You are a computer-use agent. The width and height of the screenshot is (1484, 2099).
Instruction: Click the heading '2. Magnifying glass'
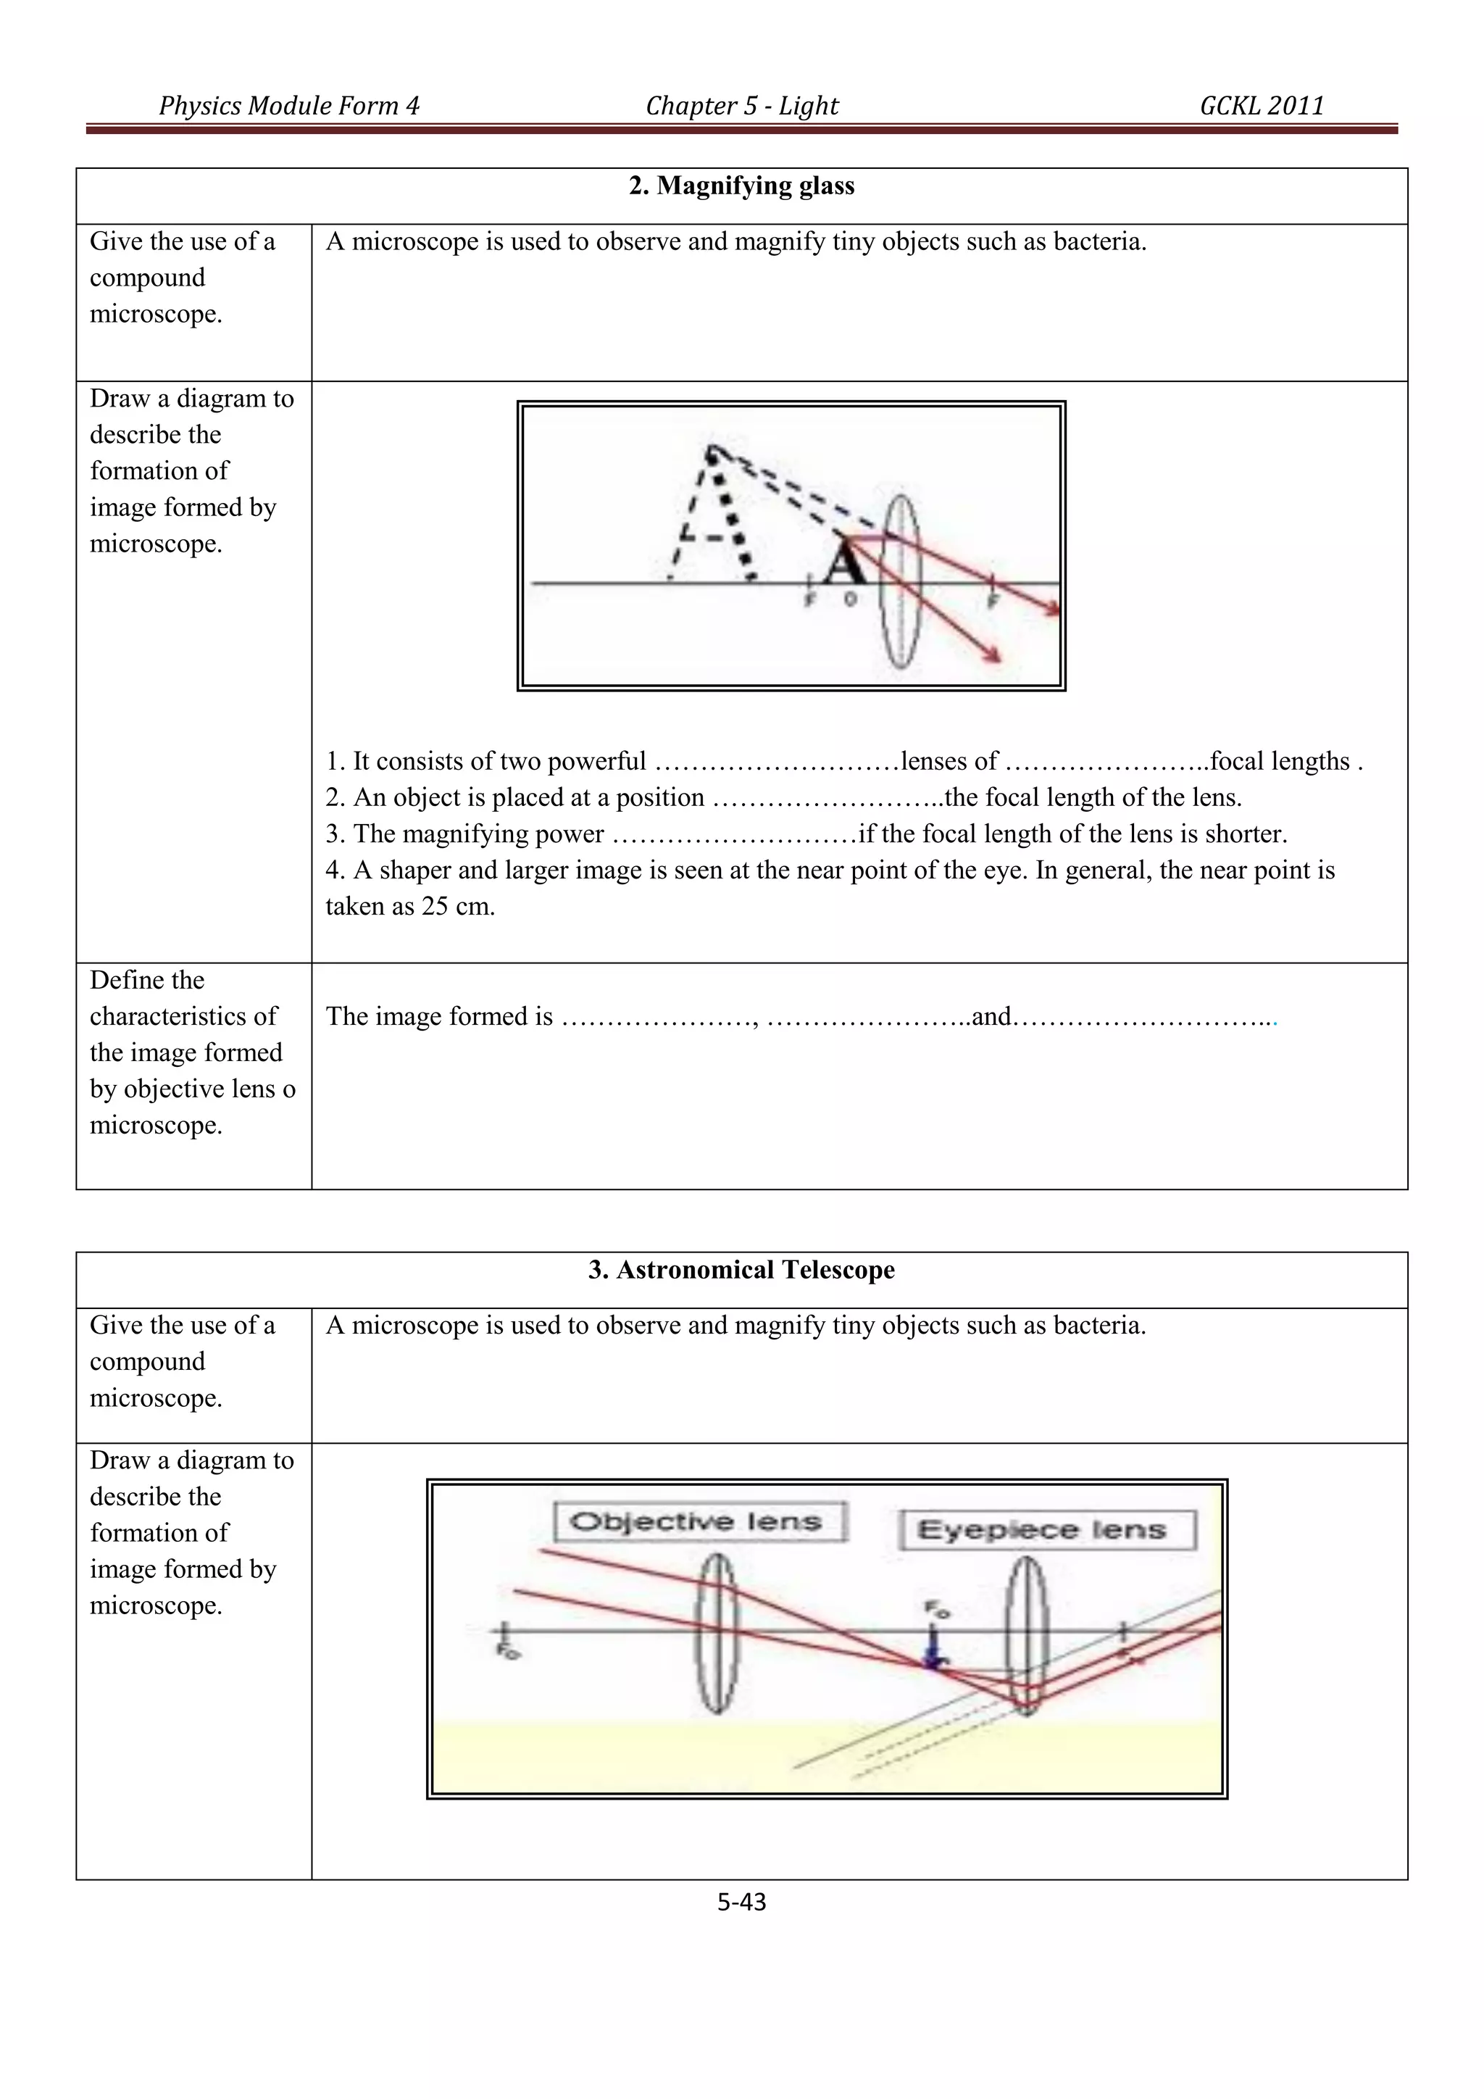click(741, 186)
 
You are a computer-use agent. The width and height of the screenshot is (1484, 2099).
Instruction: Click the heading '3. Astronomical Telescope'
click(741, 1270)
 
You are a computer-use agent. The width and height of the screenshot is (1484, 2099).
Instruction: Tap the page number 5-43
click(741, 1903)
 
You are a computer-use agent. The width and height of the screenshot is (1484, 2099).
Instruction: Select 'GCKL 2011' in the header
click(1261, 106)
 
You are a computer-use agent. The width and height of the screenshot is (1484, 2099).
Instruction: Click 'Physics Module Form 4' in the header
click(289, 106)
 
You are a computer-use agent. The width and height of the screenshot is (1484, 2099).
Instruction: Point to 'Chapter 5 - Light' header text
click(741, 106)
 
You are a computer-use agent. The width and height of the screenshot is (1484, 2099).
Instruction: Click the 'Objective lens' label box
click(699, 1522)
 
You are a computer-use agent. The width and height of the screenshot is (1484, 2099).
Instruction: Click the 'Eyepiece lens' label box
click(1046, 1530)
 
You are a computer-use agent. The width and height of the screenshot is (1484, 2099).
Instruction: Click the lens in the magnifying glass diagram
click(901, 582)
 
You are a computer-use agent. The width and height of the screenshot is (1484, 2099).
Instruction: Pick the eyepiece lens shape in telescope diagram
click(1026, 1636)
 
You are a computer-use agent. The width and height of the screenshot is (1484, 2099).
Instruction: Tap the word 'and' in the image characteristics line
click(991, 1017)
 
